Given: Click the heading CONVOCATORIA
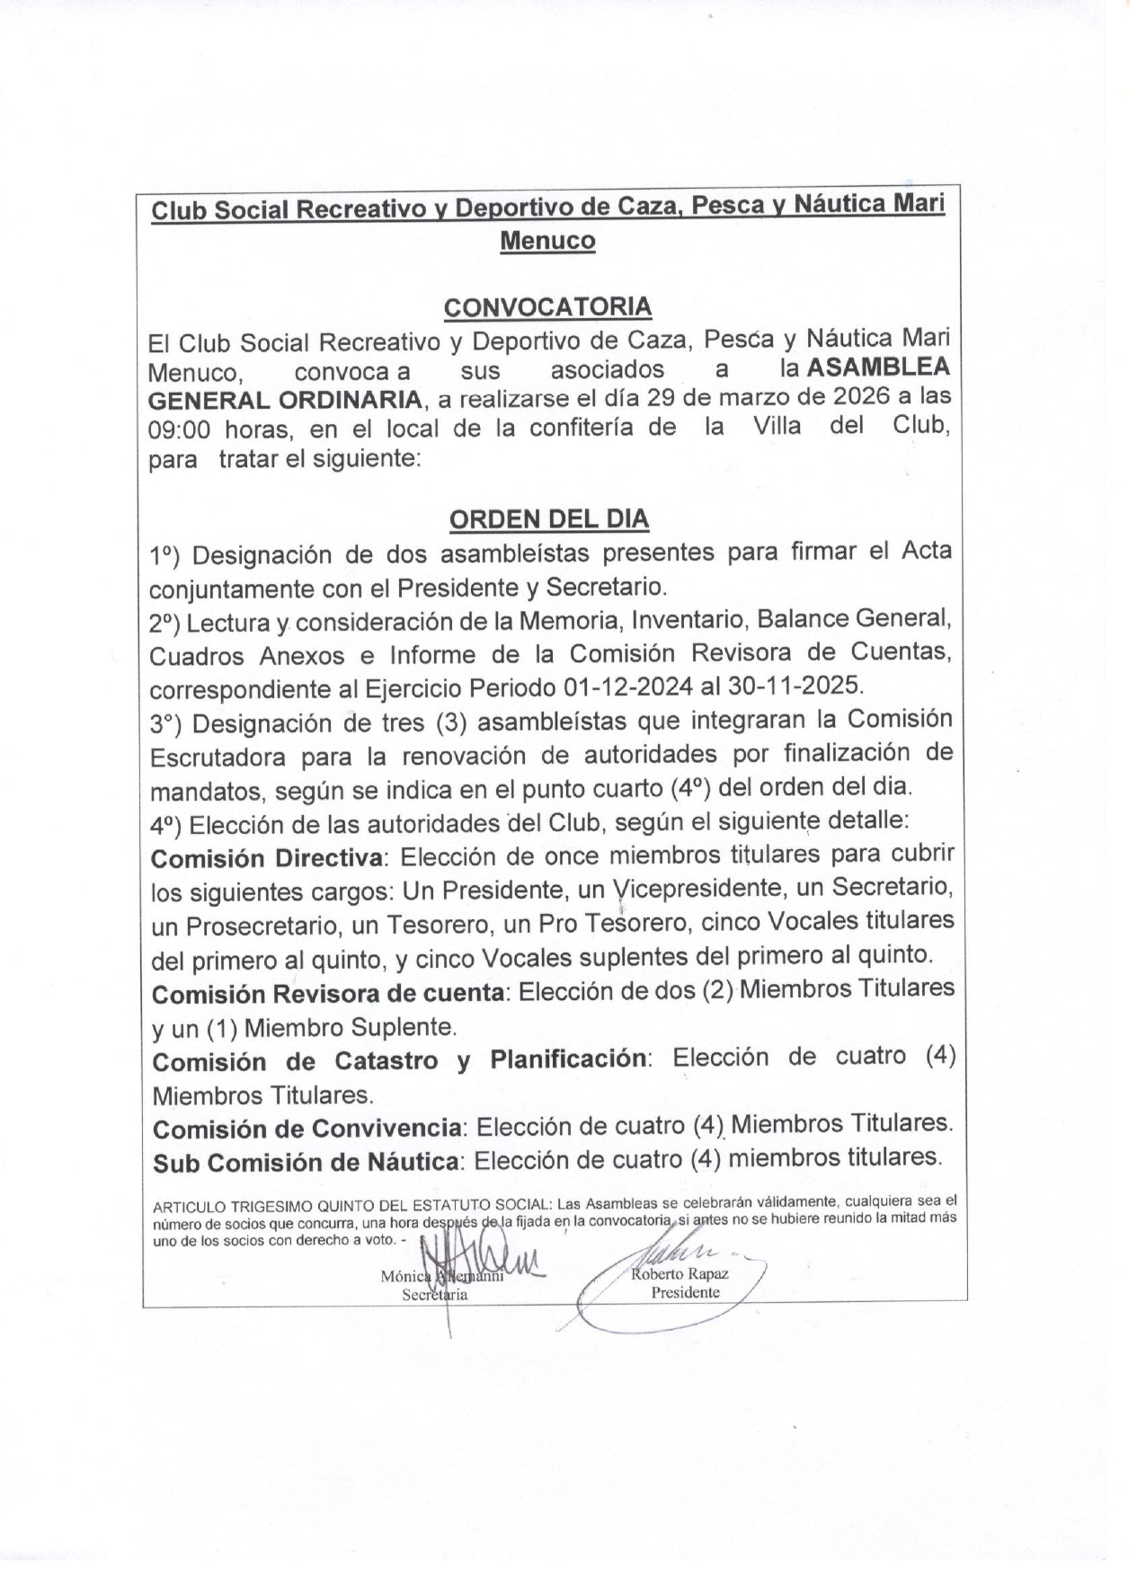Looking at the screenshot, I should click(x=547, y=306).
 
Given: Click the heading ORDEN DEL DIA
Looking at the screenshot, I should click(x=548, y=519).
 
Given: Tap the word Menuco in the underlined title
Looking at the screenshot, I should click(x=547, y=241).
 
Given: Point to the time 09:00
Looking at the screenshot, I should click(x=179, y=429).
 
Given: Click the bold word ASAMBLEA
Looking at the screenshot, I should click(x=878, y=368).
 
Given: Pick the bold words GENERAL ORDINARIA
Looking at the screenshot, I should click(x=285, y=400).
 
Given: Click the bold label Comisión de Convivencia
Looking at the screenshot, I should click(x=308, y=1128).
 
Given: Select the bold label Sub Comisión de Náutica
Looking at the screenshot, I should click(x=306, y=1162).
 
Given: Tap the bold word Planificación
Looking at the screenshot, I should click(x=568, y=1059).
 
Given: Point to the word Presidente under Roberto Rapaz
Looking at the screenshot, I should click(x=686, y=1292).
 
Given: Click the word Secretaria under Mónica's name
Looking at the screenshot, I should click(x=435, y=1294).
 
